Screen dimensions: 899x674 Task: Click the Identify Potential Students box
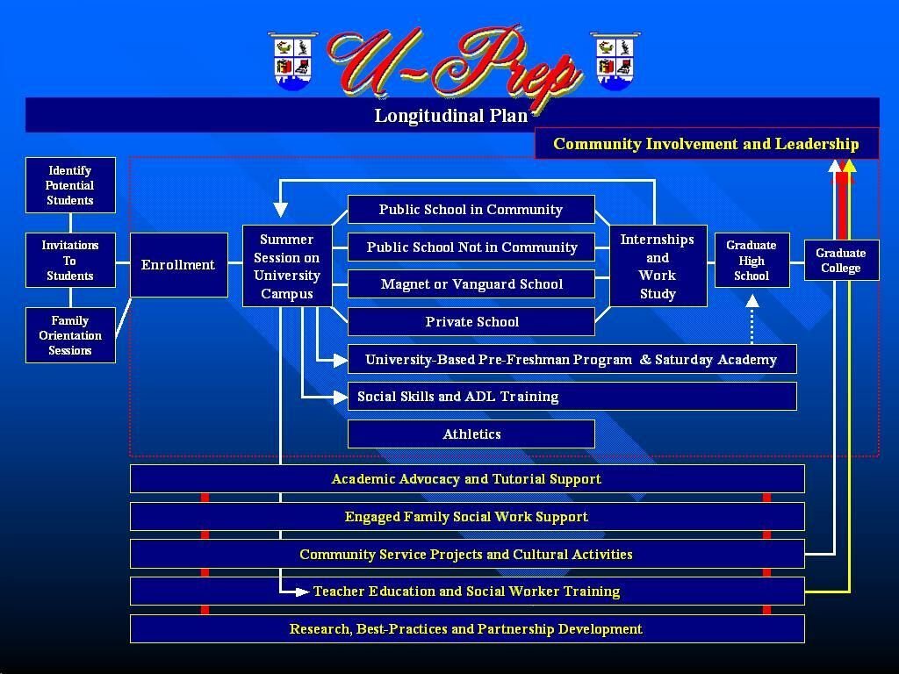70,185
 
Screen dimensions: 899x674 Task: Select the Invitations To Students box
70,260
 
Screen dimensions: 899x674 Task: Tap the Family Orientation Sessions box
70,335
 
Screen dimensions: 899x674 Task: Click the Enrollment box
179,265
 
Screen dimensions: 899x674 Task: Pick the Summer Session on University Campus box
287,266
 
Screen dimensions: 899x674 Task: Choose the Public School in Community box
471,209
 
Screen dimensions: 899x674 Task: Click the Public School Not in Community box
471,247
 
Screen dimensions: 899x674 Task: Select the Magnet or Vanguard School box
471,284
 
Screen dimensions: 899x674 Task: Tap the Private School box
471,321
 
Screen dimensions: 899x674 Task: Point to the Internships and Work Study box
658,266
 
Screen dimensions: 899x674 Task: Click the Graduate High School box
752,260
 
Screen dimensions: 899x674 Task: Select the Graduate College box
841,260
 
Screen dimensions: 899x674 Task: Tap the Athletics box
471,434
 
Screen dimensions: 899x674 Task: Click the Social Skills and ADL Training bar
572,396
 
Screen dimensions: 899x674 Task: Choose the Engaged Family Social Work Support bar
467,516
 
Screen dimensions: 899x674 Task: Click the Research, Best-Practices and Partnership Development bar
467,628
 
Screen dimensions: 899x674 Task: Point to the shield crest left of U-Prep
292,61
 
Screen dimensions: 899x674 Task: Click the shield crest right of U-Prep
615,61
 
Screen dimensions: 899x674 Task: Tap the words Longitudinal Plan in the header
450,116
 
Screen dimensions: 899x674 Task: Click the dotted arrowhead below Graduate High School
752,302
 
